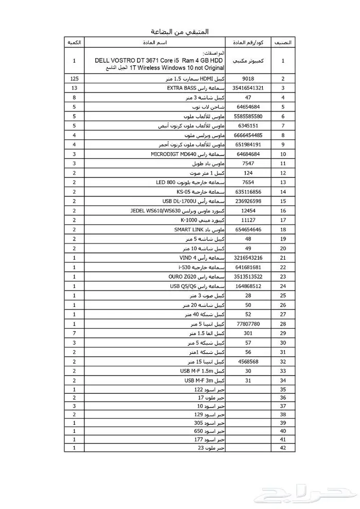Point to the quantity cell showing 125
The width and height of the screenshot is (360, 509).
(x=74, y=79)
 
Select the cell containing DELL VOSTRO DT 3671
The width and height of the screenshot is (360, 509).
(x=160, y=61)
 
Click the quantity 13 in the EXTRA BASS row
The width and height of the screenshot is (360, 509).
(x=74, y=88)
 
